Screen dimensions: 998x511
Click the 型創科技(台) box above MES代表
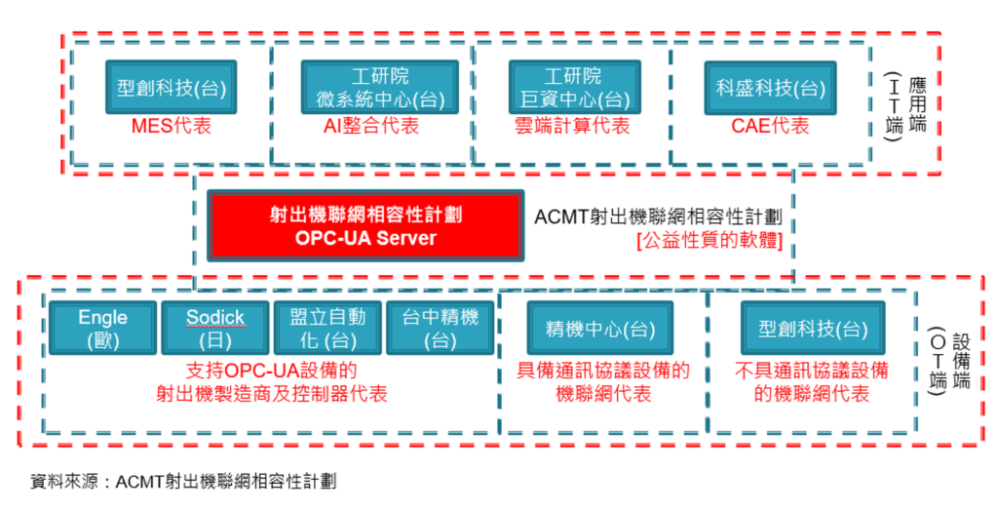(172, 88)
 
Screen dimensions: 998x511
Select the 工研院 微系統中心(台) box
(380, 88)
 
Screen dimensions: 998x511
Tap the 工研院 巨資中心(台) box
(575, 88)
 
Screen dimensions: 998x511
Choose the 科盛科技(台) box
(770, 88)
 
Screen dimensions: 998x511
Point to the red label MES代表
(172, 126)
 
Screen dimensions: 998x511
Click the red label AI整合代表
(371, 126)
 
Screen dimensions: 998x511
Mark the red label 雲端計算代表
(572, 126)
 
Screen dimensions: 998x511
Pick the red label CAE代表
(770, 126)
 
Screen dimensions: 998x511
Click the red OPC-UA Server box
(365, 225)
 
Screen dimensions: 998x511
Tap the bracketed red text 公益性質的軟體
(710, 241)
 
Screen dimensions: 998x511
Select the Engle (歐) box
(102, 328)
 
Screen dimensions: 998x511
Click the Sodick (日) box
(215, 328)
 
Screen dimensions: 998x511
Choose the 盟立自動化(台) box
(327, 328)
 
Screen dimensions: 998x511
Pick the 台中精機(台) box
(441, 328)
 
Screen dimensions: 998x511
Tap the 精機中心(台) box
(600, 328)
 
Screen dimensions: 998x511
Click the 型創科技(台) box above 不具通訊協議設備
(813, 328)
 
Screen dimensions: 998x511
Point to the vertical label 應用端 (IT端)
(905, 105)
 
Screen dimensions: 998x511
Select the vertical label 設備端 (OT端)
(949, 361)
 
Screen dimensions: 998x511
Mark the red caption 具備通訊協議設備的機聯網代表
(603, 382)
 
